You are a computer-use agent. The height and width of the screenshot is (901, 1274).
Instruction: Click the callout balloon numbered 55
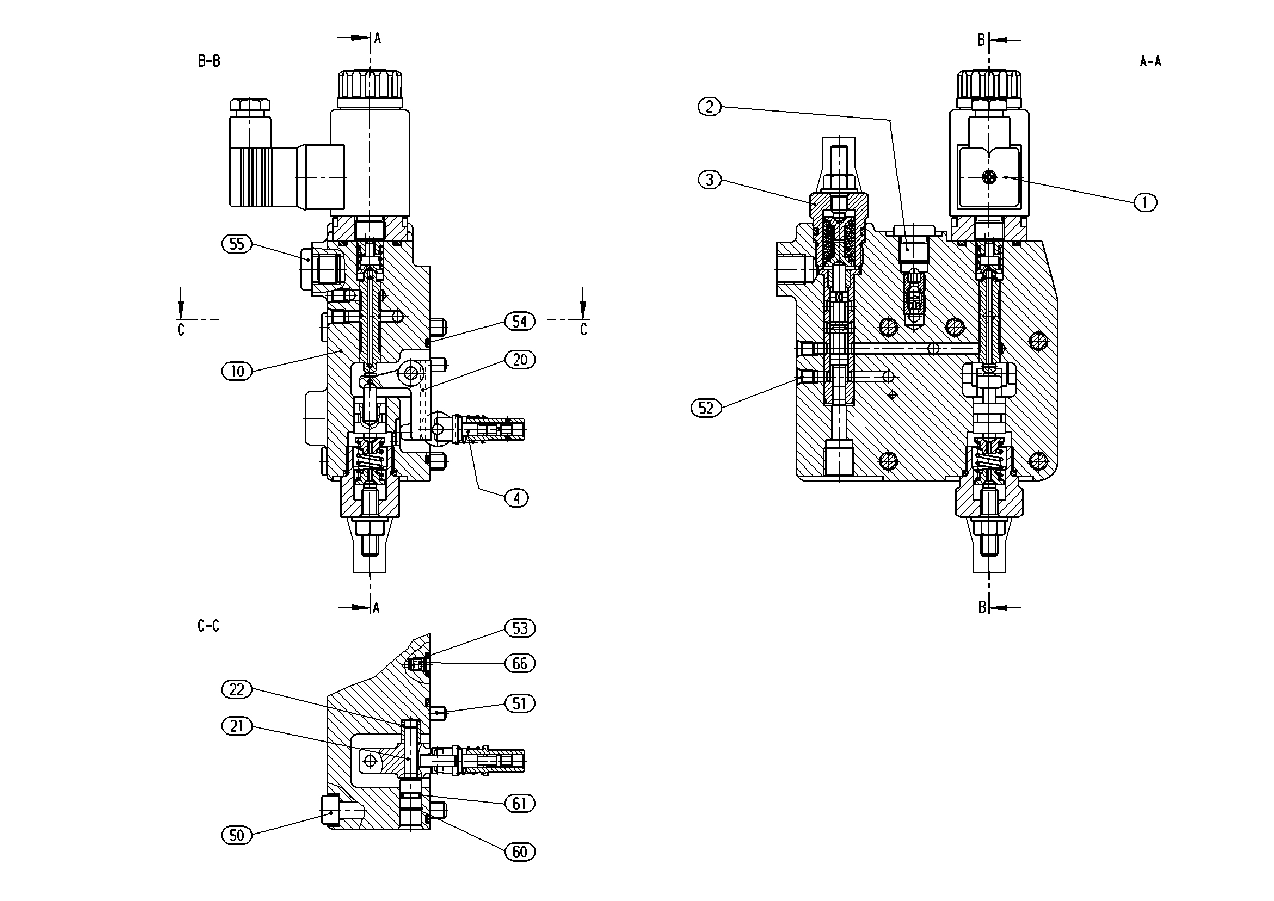237,244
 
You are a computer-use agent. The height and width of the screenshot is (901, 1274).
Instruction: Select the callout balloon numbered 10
237,371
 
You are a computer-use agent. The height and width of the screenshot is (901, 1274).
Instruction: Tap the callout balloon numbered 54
520,321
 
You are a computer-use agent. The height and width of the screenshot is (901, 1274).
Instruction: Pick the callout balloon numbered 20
520,360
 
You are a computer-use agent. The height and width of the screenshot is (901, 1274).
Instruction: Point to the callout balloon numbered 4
516,498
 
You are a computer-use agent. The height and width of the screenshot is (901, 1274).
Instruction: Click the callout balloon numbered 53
520,628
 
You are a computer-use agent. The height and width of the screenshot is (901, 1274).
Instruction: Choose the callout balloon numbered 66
520,664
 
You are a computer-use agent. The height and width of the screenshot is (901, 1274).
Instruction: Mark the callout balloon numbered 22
237,689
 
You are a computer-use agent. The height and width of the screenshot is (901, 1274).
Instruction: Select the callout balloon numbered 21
237,726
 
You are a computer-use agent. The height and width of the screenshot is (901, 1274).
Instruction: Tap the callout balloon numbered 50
237,836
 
